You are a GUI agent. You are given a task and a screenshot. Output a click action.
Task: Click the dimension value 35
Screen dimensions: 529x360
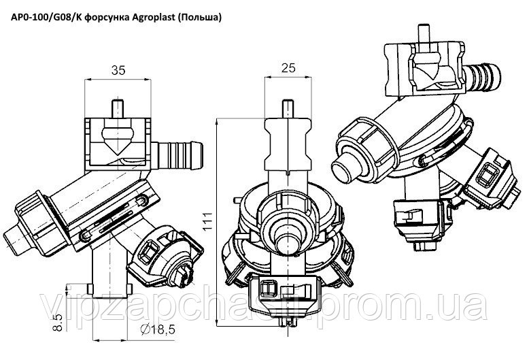118,70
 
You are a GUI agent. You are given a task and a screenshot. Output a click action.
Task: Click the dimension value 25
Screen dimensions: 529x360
288,68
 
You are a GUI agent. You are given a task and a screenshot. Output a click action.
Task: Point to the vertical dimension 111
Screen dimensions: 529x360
208,221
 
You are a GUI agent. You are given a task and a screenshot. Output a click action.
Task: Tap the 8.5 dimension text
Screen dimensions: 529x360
58,322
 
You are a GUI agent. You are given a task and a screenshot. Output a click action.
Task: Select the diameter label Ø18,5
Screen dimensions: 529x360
157,329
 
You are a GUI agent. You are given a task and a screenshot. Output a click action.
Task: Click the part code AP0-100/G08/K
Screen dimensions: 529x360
46,17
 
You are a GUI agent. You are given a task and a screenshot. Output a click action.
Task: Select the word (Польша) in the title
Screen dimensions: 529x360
198,17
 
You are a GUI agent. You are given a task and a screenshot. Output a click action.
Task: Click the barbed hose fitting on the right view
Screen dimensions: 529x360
481,78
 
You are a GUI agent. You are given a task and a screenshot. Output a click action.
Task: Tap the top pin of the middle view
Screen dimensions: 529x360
288,109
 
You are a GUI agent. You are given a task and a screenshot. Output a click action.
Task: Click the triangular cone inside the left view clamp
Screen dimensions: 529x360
117,140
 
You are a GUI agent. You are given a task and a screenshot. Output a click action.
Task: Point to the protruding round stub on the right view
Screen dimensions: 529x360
347,166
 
